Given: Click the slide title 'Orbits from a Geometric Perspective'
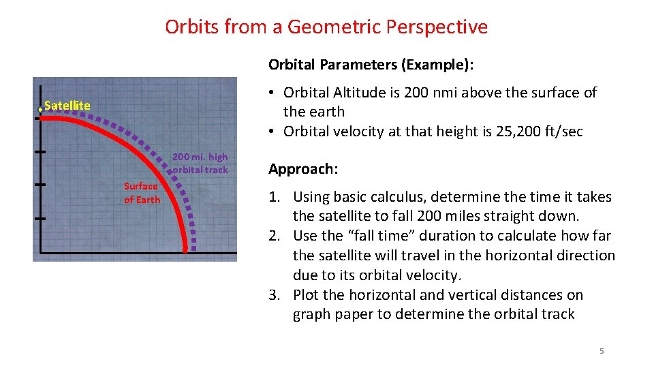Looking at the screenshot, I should click(x=326, y=27).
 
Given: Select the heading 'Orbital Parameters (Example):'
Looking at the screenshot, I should click(x=371, y=65).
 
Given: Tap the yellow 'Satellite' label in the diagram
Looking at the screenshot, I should click(x=67, y=106).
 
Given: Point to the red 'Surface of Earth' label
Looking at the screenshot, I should click(x=142, y=193).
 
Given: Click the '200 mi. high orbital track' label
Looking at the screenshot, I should click(x=200, y=164).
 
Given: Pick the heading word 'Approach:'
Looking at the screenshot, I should click(x=303, y=169).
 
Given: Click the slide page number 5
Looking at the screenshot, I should click(x=601, y=351).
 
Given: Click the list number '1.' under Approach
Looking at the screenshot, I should click(x=275, y=197).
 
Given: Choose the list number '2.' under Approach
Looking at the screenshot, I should click(x=275, y=236).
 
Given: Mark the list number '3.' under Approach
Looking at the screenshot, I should click(x=275, y=295).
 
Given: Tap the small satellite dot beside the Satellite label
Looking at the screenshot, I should click(x=40, y=108).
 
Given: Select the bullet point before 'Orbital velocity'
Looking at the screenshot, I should click(x=271, y=132).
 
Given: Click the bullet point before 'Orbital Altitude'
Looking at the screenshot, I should click(x=271, y=93).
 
